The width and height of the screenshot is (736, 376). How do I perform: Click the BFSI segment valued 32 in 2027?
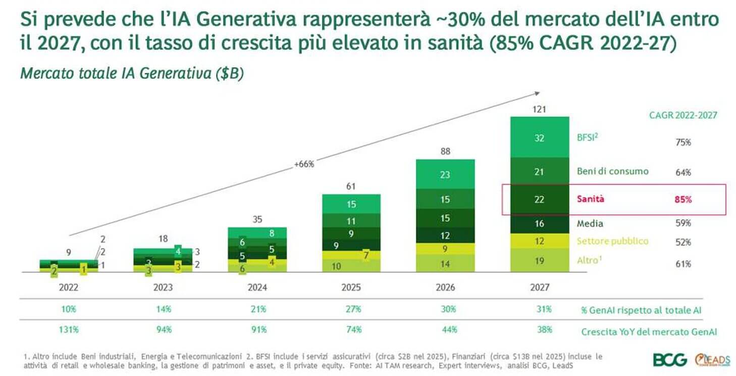point(539,137)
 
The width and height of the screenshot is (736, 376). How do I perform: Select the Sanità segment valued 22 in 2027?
point(539,199)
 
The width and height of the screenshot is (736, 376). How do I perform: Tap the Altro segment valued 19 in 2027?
point(539,261)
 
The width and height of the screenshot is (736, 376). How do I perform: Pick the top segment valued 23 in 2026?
point(445,174)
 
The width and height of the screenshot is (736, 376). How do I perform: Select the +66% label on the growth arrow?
point(304,164)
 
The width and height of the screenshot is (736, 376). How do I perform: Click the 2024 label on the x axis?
point(257,288)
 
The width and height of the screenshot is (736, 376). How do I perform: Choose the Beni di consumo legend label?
point(612,171)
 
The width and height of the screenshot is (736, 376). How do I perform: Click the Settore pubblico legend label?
point(612,241)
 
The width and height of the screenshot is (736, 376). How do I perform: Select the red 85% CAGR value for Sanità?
point(683,199)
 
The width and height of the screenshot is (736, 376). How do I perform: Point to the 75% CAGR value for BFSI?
point(683,143)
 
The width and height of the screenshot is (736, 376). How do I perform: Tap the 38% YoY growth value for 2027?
point(544,330)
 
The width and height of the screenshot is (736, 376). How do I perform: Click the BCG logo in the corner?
point(670,360)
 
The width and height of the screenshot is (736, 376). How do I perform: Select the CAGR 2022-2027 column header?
point(682,115)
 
